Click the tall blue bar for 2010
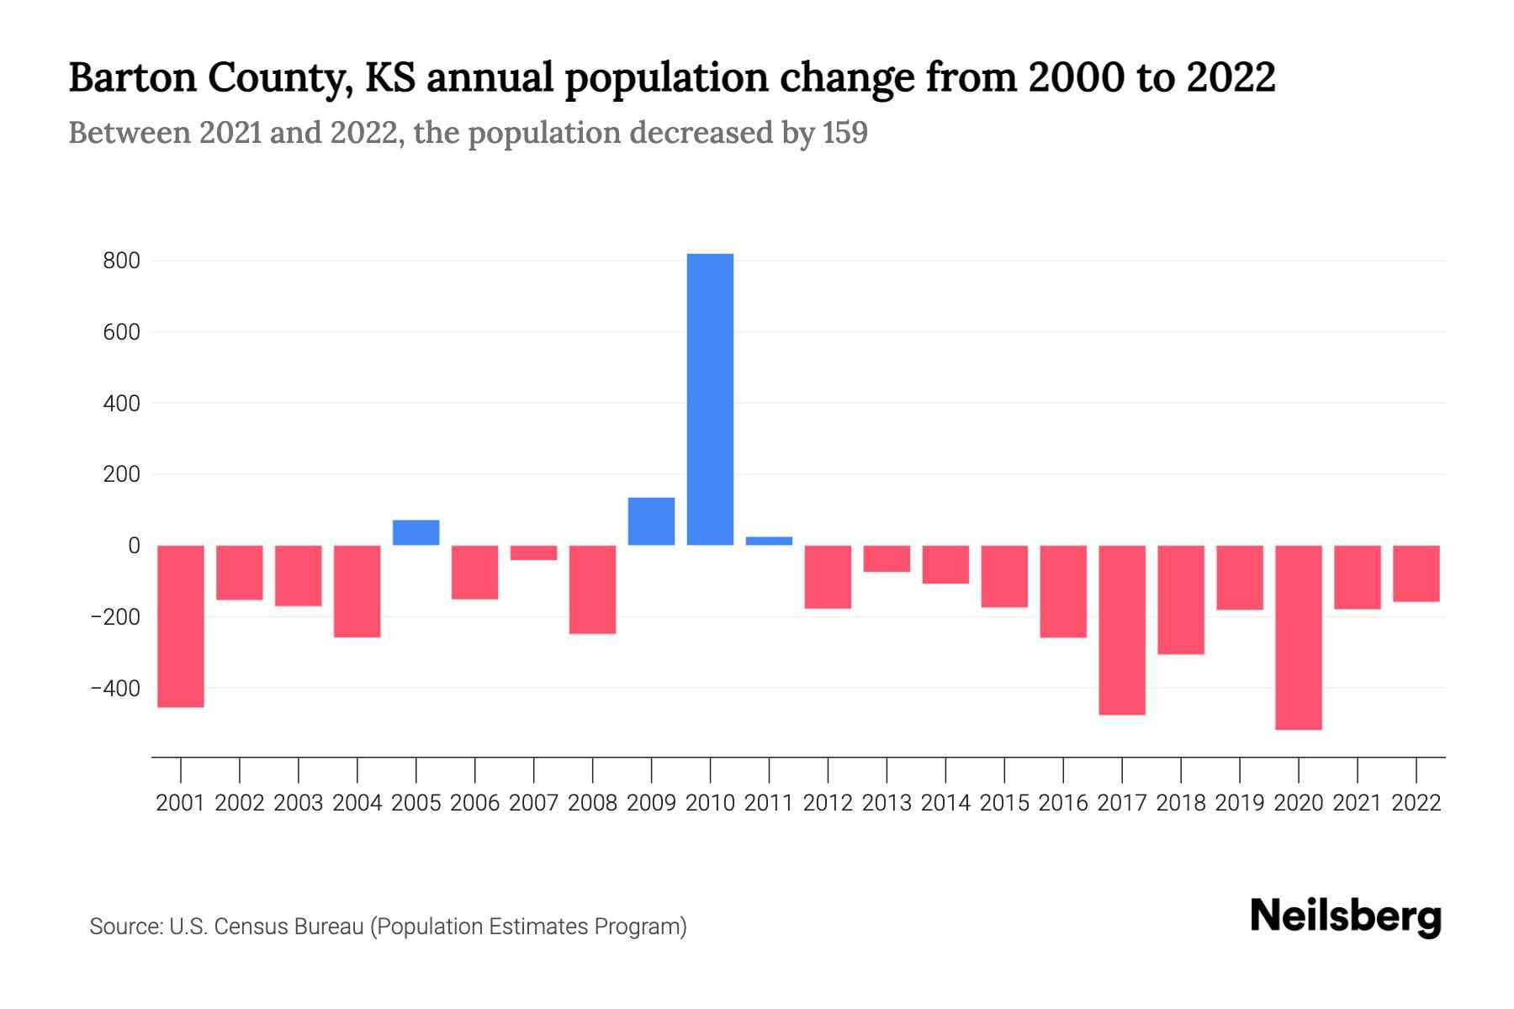[x=710, y=399]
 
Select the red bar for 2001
[x=181, y=626]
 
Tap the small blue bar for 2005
[x=416, y=532]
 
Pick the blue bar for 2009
[x=651, y=521]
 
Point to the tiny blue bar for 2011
[x=769, y=541]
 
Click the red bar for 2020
[x=1298, y=637]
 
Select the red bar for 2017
[x=1121, y=630]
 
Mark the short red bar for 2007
[x=533, y=552]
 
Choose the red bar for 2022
[x=1416, y=573]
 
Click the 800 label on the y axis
[x=121, y=261]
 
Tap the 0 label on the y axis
[x=134, y=546]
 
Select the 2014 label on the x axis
[x=945, y=803]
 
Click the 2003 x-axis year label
[x=299, y=803]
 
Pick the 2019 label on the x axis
[x=1239, y=803]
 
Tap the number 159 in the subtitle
[x=845, y=133]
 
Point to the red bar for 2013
[x=887, y=558]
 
